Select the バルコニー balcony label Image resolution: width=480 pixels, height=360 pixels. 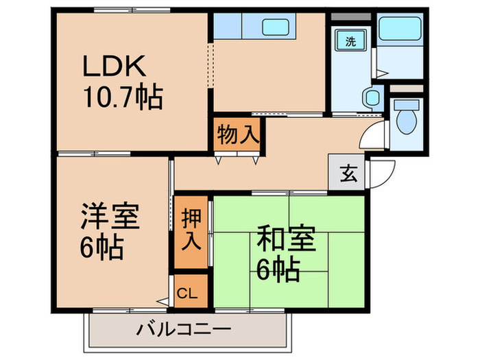pos(183,329)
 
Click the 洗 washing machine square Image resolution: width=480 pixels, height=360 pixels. pos(350,40)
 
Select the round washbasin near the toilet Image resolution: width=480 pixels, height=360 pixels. pos(371,97)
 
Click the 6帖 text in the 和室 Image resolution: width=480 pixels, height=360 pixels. pos(278,272)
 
